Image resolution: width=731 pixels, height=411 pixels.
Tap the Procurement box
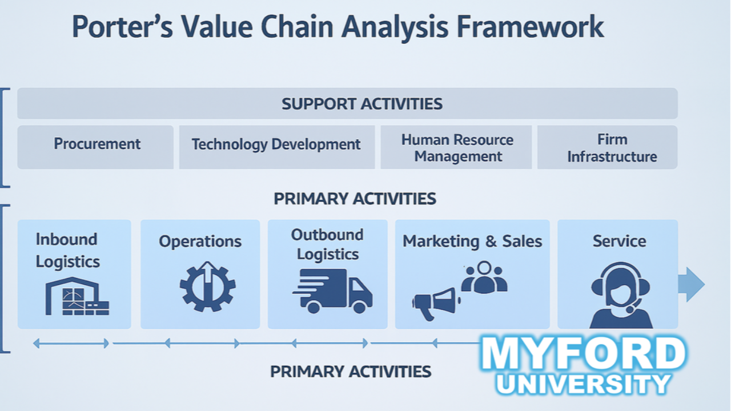pyautogui.click(x=97, y=144)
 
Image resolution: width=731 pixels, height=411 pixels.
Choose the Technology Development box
pyautogui.click(x=276, y=144)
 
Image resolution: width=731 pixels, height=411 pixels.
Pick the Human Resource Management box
pyautogui.click(x=457, y=148)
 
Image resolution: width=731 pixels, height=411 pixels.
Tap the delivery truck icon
pyautogui.click(x=333, y=291)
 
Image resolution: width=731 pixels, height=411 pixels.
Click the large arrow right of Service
pyautogui.click(x=691, y=284)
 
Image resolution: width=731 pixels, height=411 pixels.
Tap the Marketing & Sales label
pyautogui.click(x=472, y=241)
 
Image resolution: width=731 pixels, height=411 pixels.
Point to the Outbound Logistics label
pyautogui.click(x=327, y=244)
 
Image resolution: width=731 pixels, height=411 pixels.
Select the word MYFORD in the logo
pyautogui.click(x=583, y=354)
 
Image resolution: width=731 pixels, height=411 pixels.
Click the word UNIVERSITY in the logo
pyautogui.click(x=583, y=384)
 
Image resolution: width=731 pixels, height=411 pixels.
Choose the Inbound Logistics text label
pyautogui.click(x=67, y=250)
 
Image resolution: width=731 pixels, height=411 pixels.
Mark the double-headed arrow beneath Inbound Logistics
pyautogui.click(x=71, y=343)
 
